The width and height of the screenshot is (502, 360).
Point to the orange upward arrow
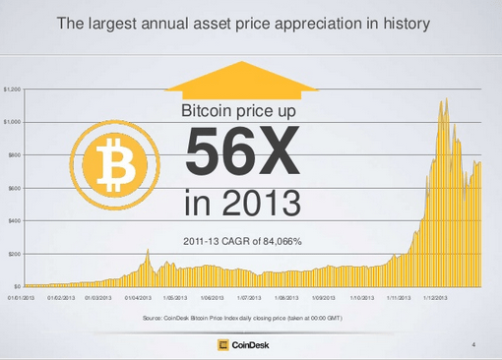click(244, 79)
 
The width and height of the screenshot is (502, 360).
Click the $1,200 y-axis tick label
click(12, 89)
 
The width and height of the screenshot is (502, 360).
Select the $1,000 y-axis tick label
click(12, 122)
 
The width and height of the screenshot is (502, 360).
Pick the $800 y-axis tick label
click(14, 155)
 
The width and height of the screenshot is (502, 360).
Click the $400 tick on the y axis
click(14, 221)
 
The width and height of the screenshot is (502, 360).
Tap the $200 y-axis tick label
click(14, 254)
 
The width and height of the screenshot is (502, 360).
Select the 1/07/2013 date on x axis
click(249, 295)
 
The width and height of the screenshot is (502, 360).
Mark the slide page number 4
click(474, 344)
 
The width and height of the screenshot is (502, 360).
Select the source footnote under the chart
click(243, 319)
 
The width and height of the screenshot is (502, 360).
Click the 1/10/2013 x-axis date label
click(361, 295)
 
